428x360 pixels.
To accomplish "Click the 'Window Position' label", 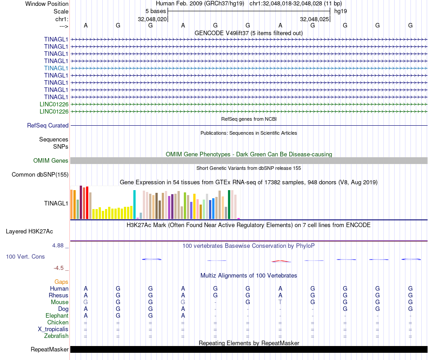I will tap(47, 4).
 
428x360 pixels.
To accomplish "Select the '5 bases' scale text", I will tap(155, 11).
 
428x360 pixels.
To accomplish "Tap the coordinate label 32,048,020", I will tap(152, 19).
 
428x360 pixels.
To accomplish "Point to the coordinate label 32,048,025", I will tap(314, 19).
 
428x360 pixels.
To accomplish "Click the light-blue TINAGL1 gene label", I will tap(56, 68).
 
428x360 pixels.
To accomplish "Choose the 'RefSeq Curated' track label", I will tap(48, 126).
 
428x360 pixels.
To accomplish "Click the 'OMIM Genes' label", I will tap(51, 161).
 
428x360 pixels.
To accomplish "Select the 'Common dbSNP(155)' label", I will tap(40, 175).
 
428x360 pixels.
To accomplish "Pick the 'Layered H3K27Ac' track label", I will tap(29, 232).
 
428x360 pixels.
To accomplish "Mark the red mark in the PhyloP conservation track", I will tap(280, 261).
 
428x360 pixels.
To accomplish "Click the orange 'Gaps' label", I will tap(61, 282).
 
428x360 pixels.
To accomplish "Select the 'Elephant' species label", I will tap(57, 316).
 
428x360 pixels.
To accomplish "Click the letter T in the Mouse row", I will tap(280, 302).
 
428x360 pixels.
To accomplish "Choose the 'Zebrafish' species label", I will tap(56, 336).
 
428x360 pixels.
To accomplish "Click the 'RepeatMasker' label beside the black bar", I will tap(50, 350).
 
